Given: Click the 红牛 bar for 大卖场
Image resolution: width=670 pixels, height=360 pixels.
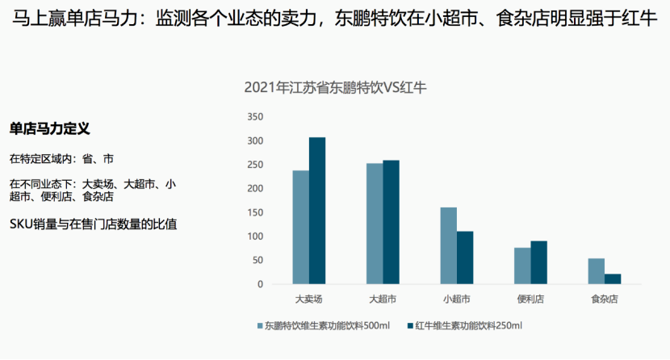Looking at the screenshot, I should [x=317, y=211].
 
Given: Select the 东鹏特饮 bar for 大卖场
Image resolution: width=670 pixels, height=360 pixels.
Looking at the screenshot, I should [x=300, y=227].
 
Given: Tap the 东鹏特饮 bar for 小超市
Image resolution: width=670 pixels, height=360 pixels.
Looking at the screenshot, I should [x=448, y=245].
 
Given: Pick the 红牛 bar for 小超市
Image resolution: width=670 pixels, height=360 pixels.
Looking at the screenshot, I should [x=465, y=257].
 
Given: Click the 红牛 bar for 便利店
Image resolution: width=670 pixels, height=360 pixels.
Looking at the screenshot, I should [x=538, y=262].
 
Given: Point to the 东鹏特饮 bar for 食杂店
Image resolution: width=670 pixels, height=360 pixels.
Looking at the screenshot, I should [x=596, y=271].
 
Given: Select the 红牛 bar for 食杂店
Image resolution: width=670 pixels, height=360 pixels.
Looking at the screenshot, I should [x=613, y=279].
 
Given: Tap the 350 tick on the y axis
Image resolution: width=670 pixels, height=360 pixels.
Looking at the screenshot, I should [x=255, y=117].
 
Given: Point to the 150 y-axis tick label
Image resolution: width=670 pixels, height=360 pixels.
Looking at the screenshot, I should [x=255, y=212].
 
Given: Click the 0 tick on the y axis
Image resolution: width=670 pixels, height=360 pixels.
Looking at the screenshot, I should [x=260, y=284].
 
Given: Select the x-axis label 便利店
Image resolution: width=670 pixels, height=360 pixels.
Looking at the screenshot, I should [x=530, y=299].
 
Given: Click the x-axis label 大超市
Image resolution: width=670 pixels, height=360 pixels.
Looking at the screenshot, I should [x=383, y=299].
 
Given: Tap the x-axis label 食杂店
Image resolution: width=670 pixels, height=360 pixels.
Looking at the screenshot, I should [x=604, y=299].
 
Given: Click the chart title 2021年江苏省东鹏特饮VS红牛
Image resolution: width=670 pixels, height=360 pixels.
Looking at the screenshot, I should [x=335, y=88].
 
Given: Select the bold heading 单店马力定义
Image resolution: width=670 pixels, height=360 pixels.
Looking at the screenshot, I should [x=49, y=129].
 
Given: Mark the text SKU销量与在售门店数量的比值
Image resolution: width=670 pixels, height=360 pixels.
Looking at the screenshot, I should [x=93, y=223].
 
